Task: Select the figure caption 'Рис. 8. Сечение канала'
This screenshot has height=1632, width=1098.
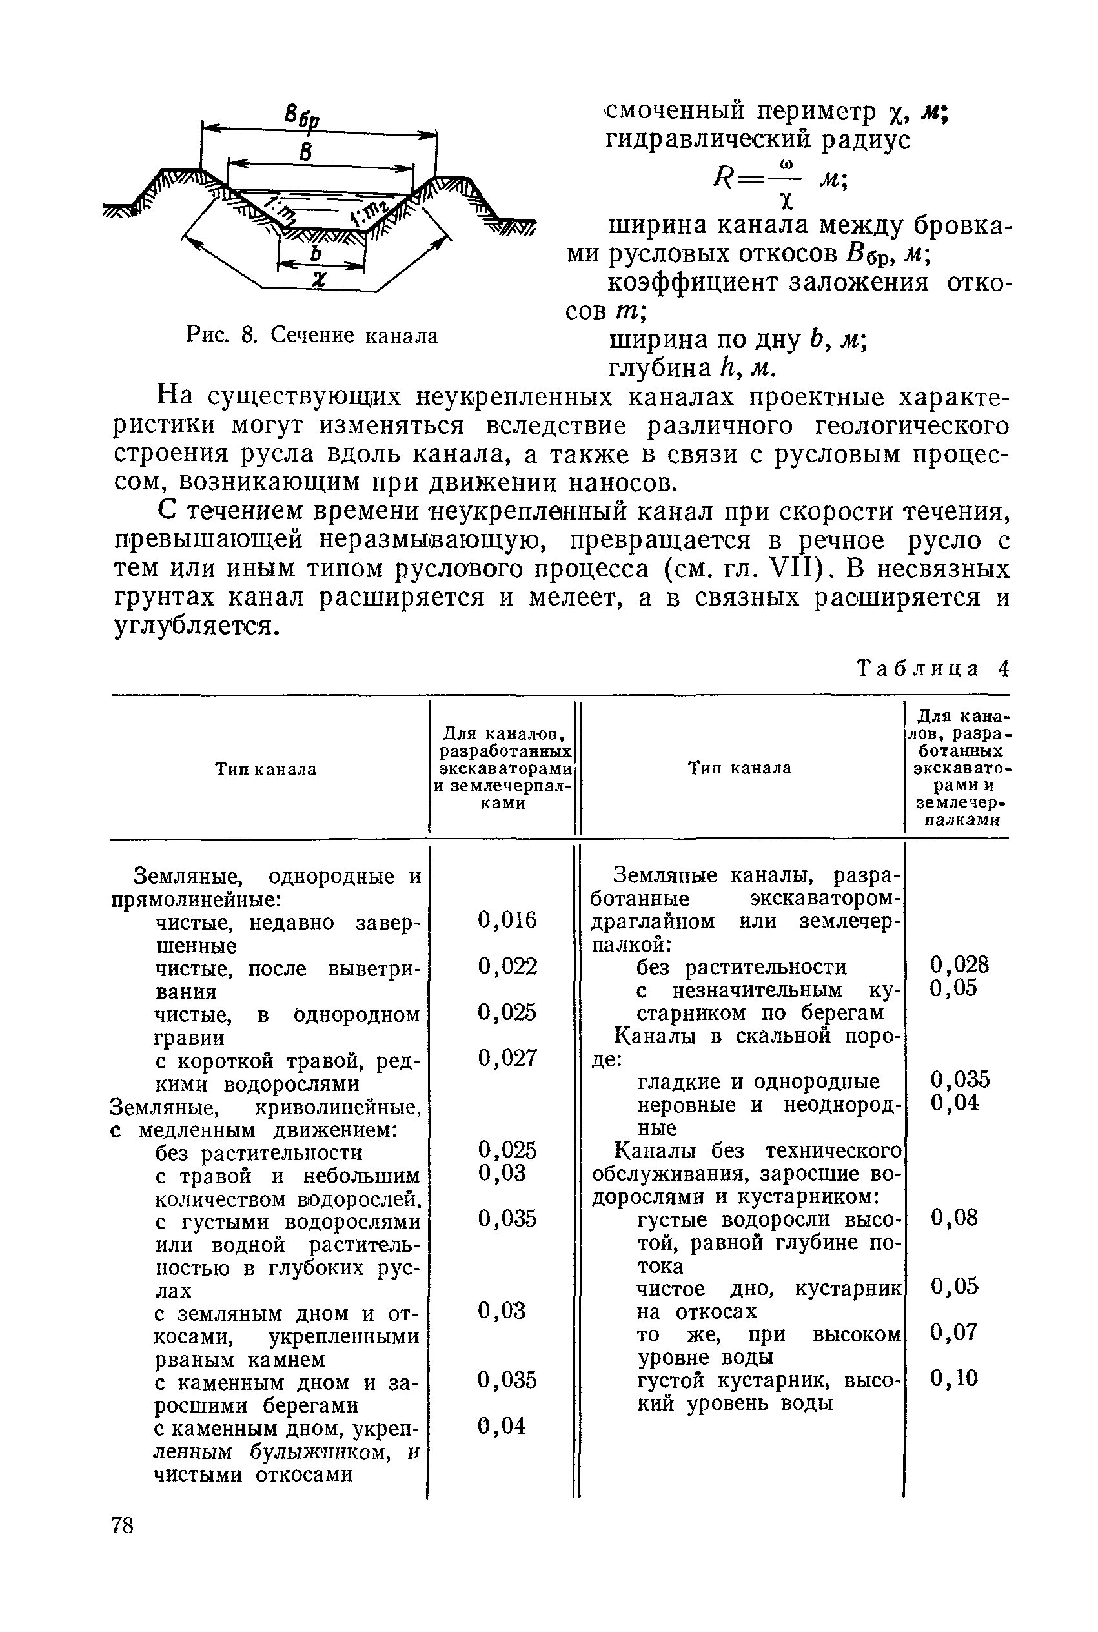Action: (x=312, y=336)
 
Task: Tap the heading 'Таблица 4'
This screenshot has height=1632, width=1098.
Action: (x=933, y=669)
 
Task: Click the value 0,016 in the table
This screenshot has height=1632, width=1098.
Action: (x=507, y=920)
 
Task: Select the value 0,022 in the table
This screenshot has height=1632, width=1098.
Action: (x=507, y=966)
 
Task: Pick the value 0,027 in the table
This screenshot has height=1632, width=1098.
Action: (x=507, y=1057)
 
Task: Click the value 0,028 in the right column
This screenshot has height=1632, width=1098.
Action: (x=959, y=964)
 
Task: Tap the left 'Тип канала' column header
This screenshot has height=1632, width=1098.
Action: (x=265, y=770)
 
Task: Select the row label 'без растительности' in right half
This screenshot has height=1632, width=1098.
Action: (x=741, y=967)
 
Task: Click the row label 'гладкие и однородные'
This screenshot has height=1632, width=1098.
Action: (x=758, y=1082)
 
